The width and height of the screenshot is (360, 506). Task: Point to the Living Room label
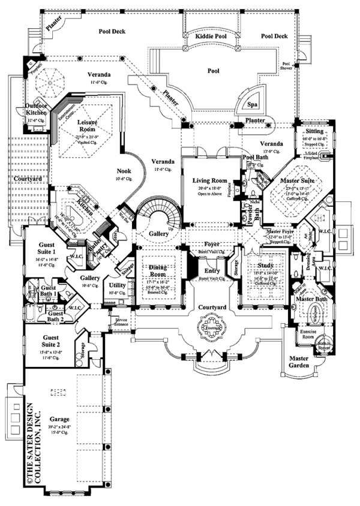click(209, 180)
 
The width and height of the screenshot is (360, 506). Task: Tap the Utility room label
click(118, 286)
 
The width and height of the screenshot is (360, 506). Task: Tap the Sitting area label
click(314, 131)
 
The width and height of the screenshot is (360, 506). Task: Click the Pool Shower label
click(287, 65)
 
